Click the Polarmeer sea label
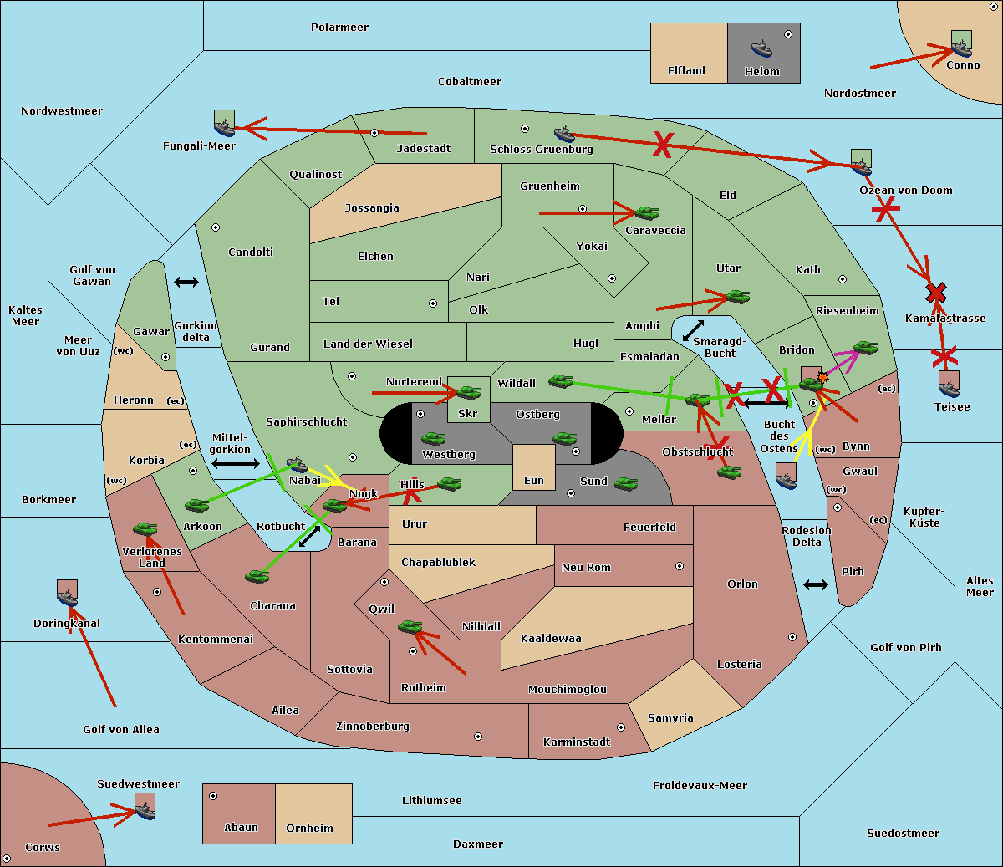pyautogui.click(x=339, y=28)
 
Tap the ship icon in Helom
pyautogui.click(x=761, y=48)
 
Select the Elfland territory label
pyautogui.click(x=686, y=71)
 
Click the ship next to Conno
pyautogui.click(x=961, y=45)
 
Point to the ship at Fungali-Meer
pyautogui.click(x=224, y=125)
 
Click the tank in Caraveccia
pyautogui.click(x=646, y=213)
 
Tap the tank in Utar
pyautogui.click(x=736, y=297)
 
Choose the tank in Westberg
pyautogui.click(x=433, y=438)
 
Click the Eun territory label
pyautogui.click(x=534, y=481)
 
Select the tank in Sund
pyautogui.click(x=626, y=483)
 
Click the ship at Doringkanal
pyautogui.click(x=67, y=594)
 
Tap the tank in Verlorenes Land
pyautogui.click(x=145, y=528)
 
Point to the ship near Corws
pyautogui.click(x=145, y=808)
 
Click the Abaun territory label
pyautogui.click(x=241, y=828)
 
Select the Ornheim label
pyautogui.click(x=309, y=829)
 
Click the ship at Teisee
pyautogui.click(x=949, y=385)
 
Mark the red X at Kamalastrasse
pyautogui.click(x=936, y=293)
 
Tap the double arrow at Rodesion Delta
pyautogui.click(x=816, y=584)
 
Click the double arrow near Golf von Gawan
pyautogui.click(x=186, y=283)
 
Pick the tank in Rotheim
pyautogui.click(x=410, y=626)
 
